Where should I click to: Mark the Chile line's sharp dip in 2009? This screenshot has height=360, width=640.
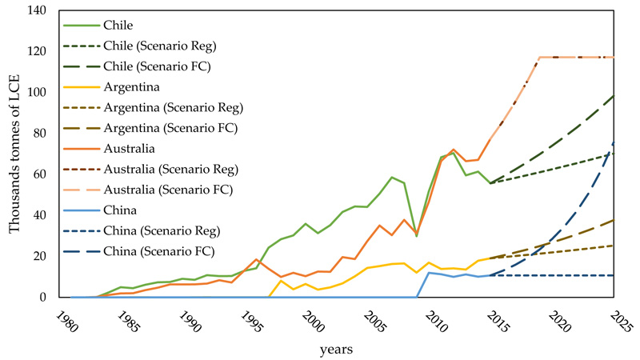click(x=416, y=236)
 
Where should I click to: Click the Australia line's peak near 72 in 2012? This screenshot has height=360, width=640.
click(x=453, y=150)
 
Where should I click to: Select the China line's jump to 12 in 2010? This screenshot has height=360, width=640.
click(x=428, y=273)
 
